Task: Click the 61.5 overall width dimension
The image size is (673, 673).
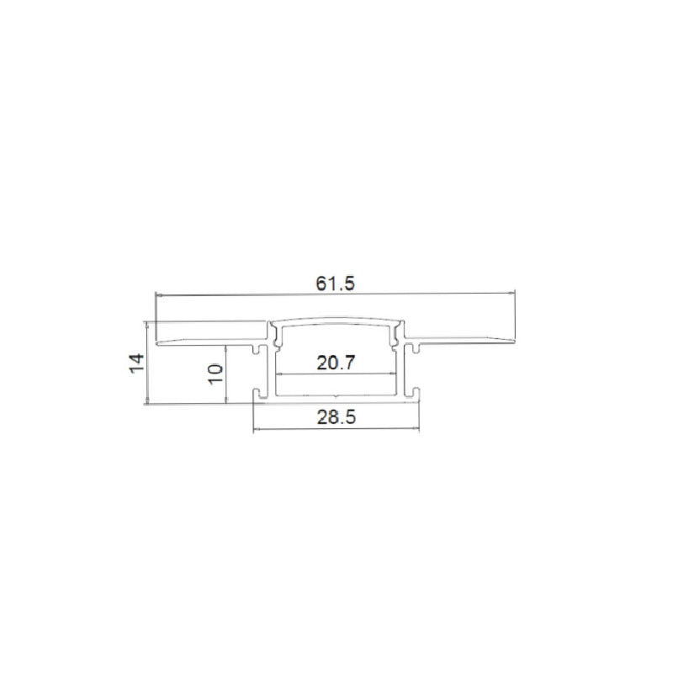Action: click(336, 284)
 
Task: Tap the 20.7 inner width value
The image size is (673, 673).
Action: click(336, 363)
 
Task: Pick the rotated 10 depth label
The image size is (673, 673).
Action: click(215, 374)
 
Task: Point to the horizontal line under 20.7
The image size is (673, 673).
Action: click(336, 374)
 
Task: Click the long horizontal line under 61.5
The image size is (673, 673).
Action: click(336, 294)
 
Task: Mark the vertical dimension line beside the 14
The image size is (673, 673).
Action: click(148, 364)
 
